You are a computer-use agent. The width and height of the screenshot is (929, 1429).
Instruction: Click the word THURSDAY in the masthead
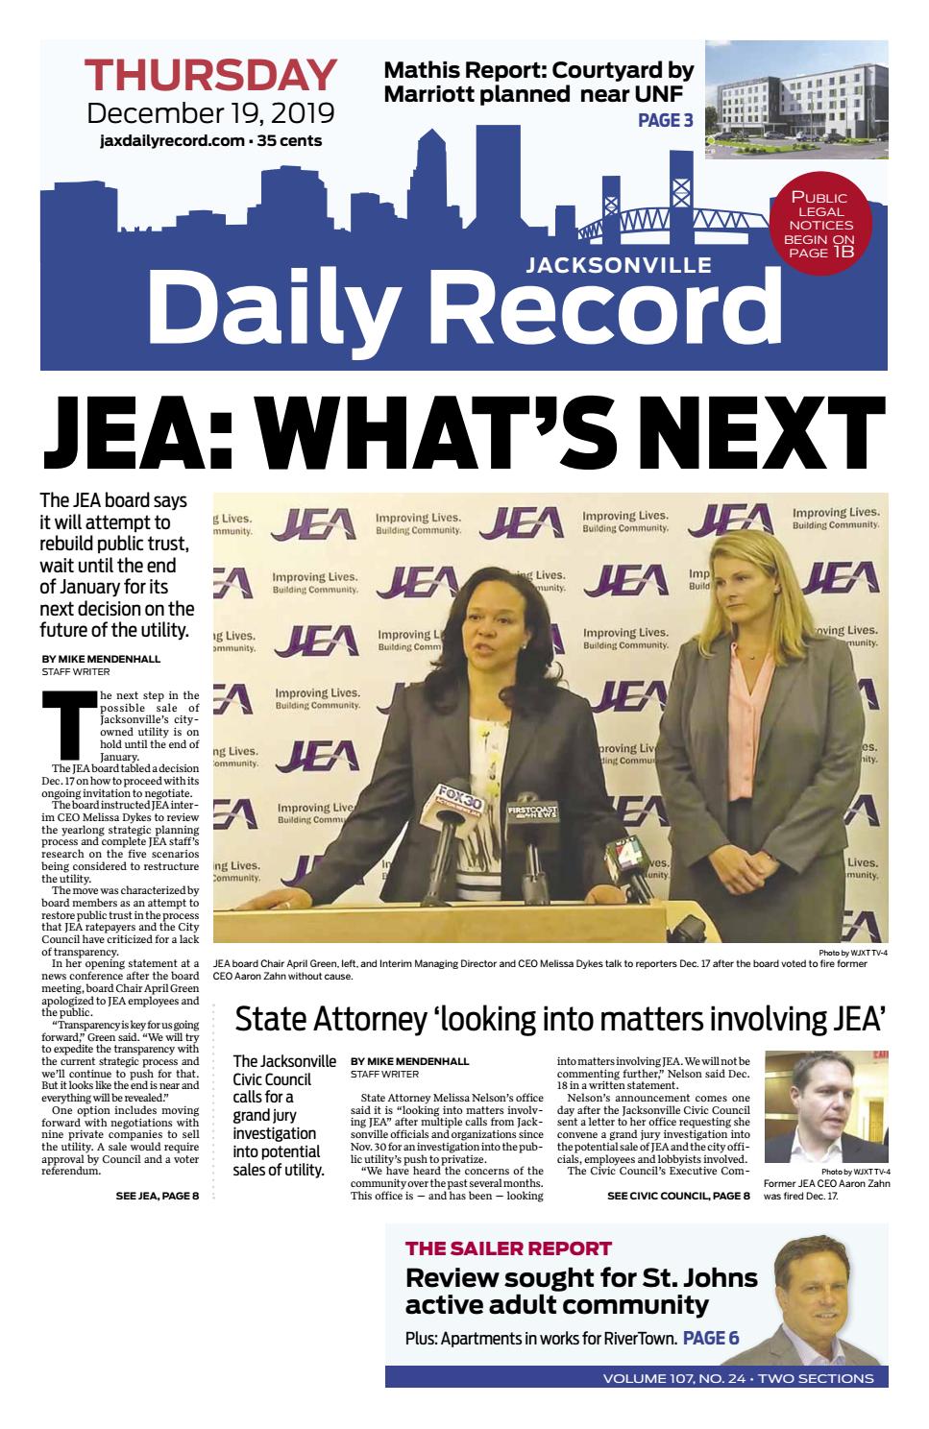tap(210, 75)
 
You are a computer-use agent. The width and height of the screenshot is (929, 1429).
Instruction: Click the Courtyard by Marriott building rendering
tap(795, 100)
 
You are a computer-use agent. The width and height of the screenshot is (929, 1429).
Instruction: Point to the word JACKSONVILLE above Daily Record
tap(619, 264)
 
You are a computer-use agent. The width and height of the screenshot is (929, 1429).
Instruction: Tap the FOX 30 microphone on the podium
tap(459, 803)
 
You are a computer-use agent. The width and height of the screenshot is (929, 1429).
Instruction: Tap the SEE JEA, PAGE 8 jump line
tap(157, 1196)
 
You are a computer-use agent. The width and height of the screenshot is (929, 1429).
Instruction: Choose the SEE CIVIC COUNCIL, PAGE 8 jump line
tap(678, 1196)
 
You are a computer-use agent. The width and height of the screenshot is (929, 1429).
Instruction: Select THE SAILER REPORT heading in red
tap(508, 1248)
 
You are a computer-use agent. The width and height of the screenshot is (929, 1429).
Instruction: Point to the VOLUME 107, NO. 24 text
tap(676, 1378)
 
